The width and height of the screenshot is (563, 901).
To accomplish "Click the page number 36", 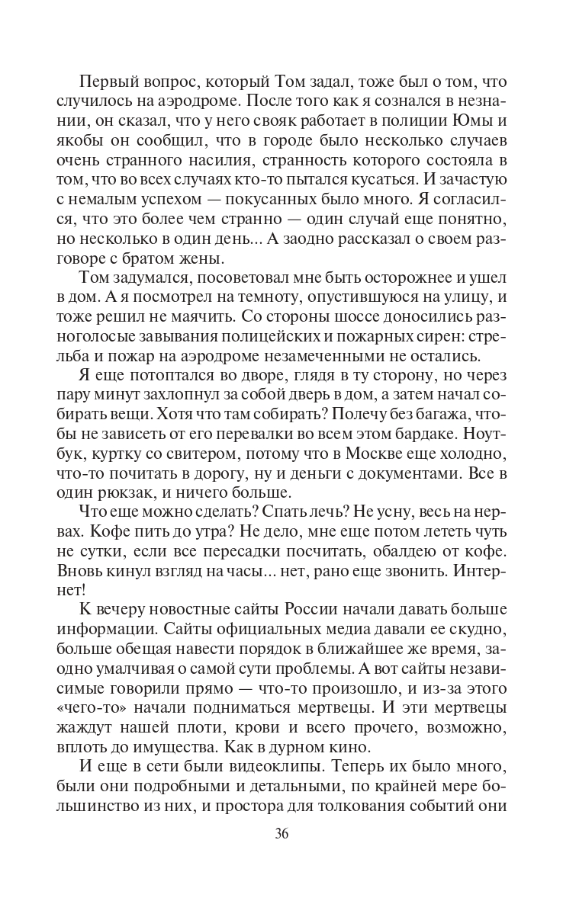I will click(281, 833).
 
